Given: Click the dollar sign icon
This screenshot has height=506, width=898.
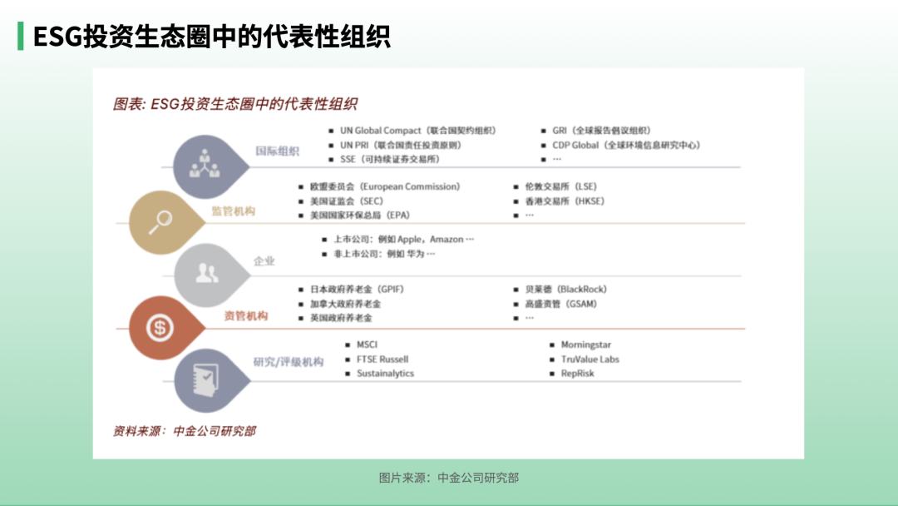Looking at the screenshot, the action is pyautogui.click(x=160, y=328).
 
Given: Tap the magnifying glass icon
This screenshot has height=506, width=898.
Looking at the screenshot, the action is pyautogui.click(x=161, y=222).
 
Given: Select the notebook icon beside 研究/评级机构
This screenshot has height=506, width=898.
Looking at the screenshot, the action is pyautogui.click(x=205, y=380).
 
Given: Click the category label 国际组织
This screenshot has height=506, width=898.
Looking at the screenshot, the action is pyautogui.click(x=277, y=151).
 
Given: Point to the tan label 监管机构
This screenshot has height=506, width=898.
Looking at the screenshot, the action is pyautogui.click(x=233, y=211).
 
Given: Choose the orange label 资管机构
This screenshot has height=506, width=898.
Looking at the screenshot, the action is pyautogui.click(x=245, y=315).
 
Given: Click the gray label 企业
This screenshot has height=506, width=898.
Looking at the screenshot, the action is pyautogui.click(x=264, y=261).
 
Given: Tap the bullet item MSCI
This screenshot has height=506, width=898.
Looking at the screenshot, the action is pyautogui.click(x=368, y=345).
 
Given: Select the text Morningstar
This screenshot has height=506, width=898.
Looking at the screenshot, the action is pyautogui.click(x=586, y=345).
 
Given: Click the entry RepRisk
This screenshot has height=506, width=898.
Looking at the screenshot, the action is pyautogui.click(x=577, y=373).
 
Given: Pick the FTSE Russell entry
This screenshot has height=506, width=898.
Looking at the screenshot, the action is pyautogui.click(x=382, y=360).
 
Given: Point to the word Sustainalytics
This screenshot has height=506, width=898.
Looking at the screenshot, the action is pyautogui.click(x=386, y=373).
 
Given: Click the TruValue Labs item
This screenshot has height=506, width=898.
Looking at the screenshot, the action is pyautogui.click(x=590, y=360).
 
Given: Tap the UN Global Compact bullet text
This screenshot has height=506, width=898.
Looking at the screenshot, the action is pyautogui.click(x=418, y=131).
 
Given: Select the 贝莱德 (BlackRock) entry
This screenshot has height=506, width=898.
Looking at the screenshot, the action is pyautogui.click(x=566, y=290).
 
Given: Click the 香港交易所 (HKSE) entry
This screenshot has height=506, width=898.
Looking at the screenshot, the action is pyautogui.click(x=565, y=201).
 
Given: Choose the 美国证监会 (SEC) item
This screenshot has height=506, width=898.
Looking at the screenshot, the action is pyautogui.click(x=347, y=201).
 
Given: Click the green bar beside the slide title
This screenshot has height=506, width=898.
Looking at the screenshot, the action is pyautogui.click(x=21, y=36).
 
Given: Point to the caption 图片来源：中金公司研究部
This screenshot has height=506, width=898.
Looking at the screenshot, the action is pyautogui.click(x=449, y=478).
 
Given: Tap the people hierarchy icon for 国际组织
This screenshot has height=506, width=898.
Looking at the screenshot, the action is pyautogui.click(x=205, y=164).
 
